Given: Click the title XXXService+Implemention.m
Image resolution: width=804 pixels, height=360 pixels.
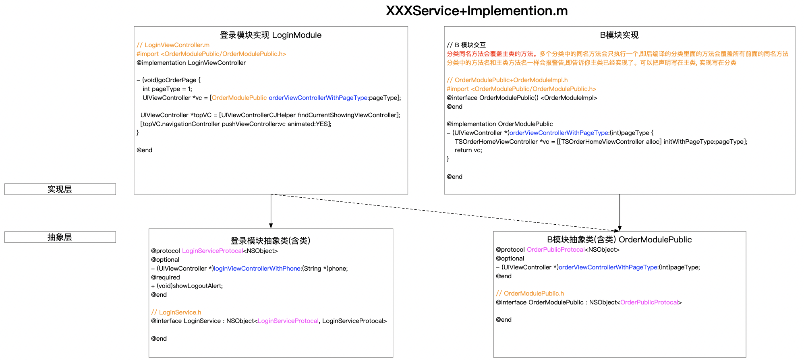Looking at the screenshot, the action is (x=477, y=11).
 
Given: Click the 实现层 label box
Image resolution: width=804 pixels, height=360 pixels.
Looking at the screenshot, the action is (x=60, y=189).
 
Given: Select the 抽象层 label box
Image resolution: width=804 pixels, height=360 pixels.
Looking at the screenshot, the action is (x=60, y=237).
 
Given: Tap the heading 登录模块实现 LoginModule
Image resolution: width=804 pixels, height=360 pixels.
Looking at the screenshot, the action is (x=271, y=35).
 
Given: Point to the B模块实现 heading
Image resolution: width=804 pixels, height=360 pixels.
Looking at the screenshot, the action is (x=619, y=35).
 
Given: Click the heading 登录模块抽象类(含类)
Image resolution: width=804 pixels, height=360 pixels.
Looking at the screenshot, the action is (x=270, y=241).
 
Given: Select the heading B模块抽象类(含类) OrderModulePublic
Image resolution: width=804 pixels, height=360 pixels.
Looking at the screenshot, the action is (x=619, y=240).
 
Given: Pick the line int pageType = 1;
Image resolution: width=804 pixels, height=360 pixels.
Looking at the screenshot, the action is (x=167, y=89).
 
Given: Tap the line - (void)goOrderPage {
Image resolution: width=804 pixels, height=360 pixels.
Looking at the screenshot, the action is (x=168, y=80).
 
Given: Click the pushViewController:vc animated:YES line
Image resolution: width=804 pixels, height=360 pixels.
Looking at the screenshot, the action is (x=236, y=124).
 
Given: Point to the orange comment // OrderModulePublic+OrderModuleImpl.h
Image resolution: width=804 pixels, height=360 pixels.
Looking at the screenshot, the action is (x=507, y=80).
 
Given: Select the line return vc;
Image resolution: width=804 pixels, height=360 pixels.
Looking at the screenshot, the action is (x=468, y=150).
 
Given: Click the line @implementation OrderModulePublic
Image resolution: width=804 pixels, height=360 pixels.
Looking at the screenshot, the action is (x=499, y=124).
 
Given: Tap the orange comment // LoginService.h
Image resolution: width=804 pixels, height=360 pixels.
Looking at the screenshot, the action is (x=176, y=312).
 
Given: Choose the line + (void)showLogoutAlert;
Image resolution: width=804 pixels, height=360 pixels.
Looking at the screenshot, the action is (x=187, y=286).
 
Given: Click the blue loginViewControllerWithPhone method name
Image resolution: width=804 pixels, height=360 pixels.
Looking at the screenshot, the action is (x=257, y=269).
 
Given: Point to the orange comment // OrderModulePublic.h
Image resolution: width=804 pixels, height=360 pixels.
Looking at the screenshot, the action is (x=530, y=294).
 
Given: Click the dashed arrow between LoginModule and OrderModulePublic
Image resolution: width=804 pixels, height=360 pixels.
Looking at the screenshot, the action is (x=445, y=213).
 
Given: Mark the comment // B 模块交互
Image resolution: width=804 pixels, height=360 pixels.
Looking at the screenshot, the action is (x=466, y=45).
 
